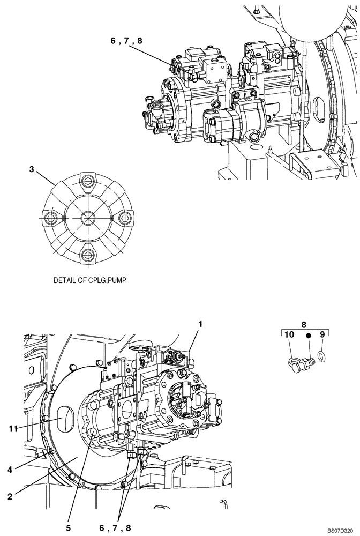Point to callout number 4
click(x=10, y=470)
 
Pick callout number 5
click(x=68, y=527)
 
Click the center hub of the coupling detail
click(x=87, y=218)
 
